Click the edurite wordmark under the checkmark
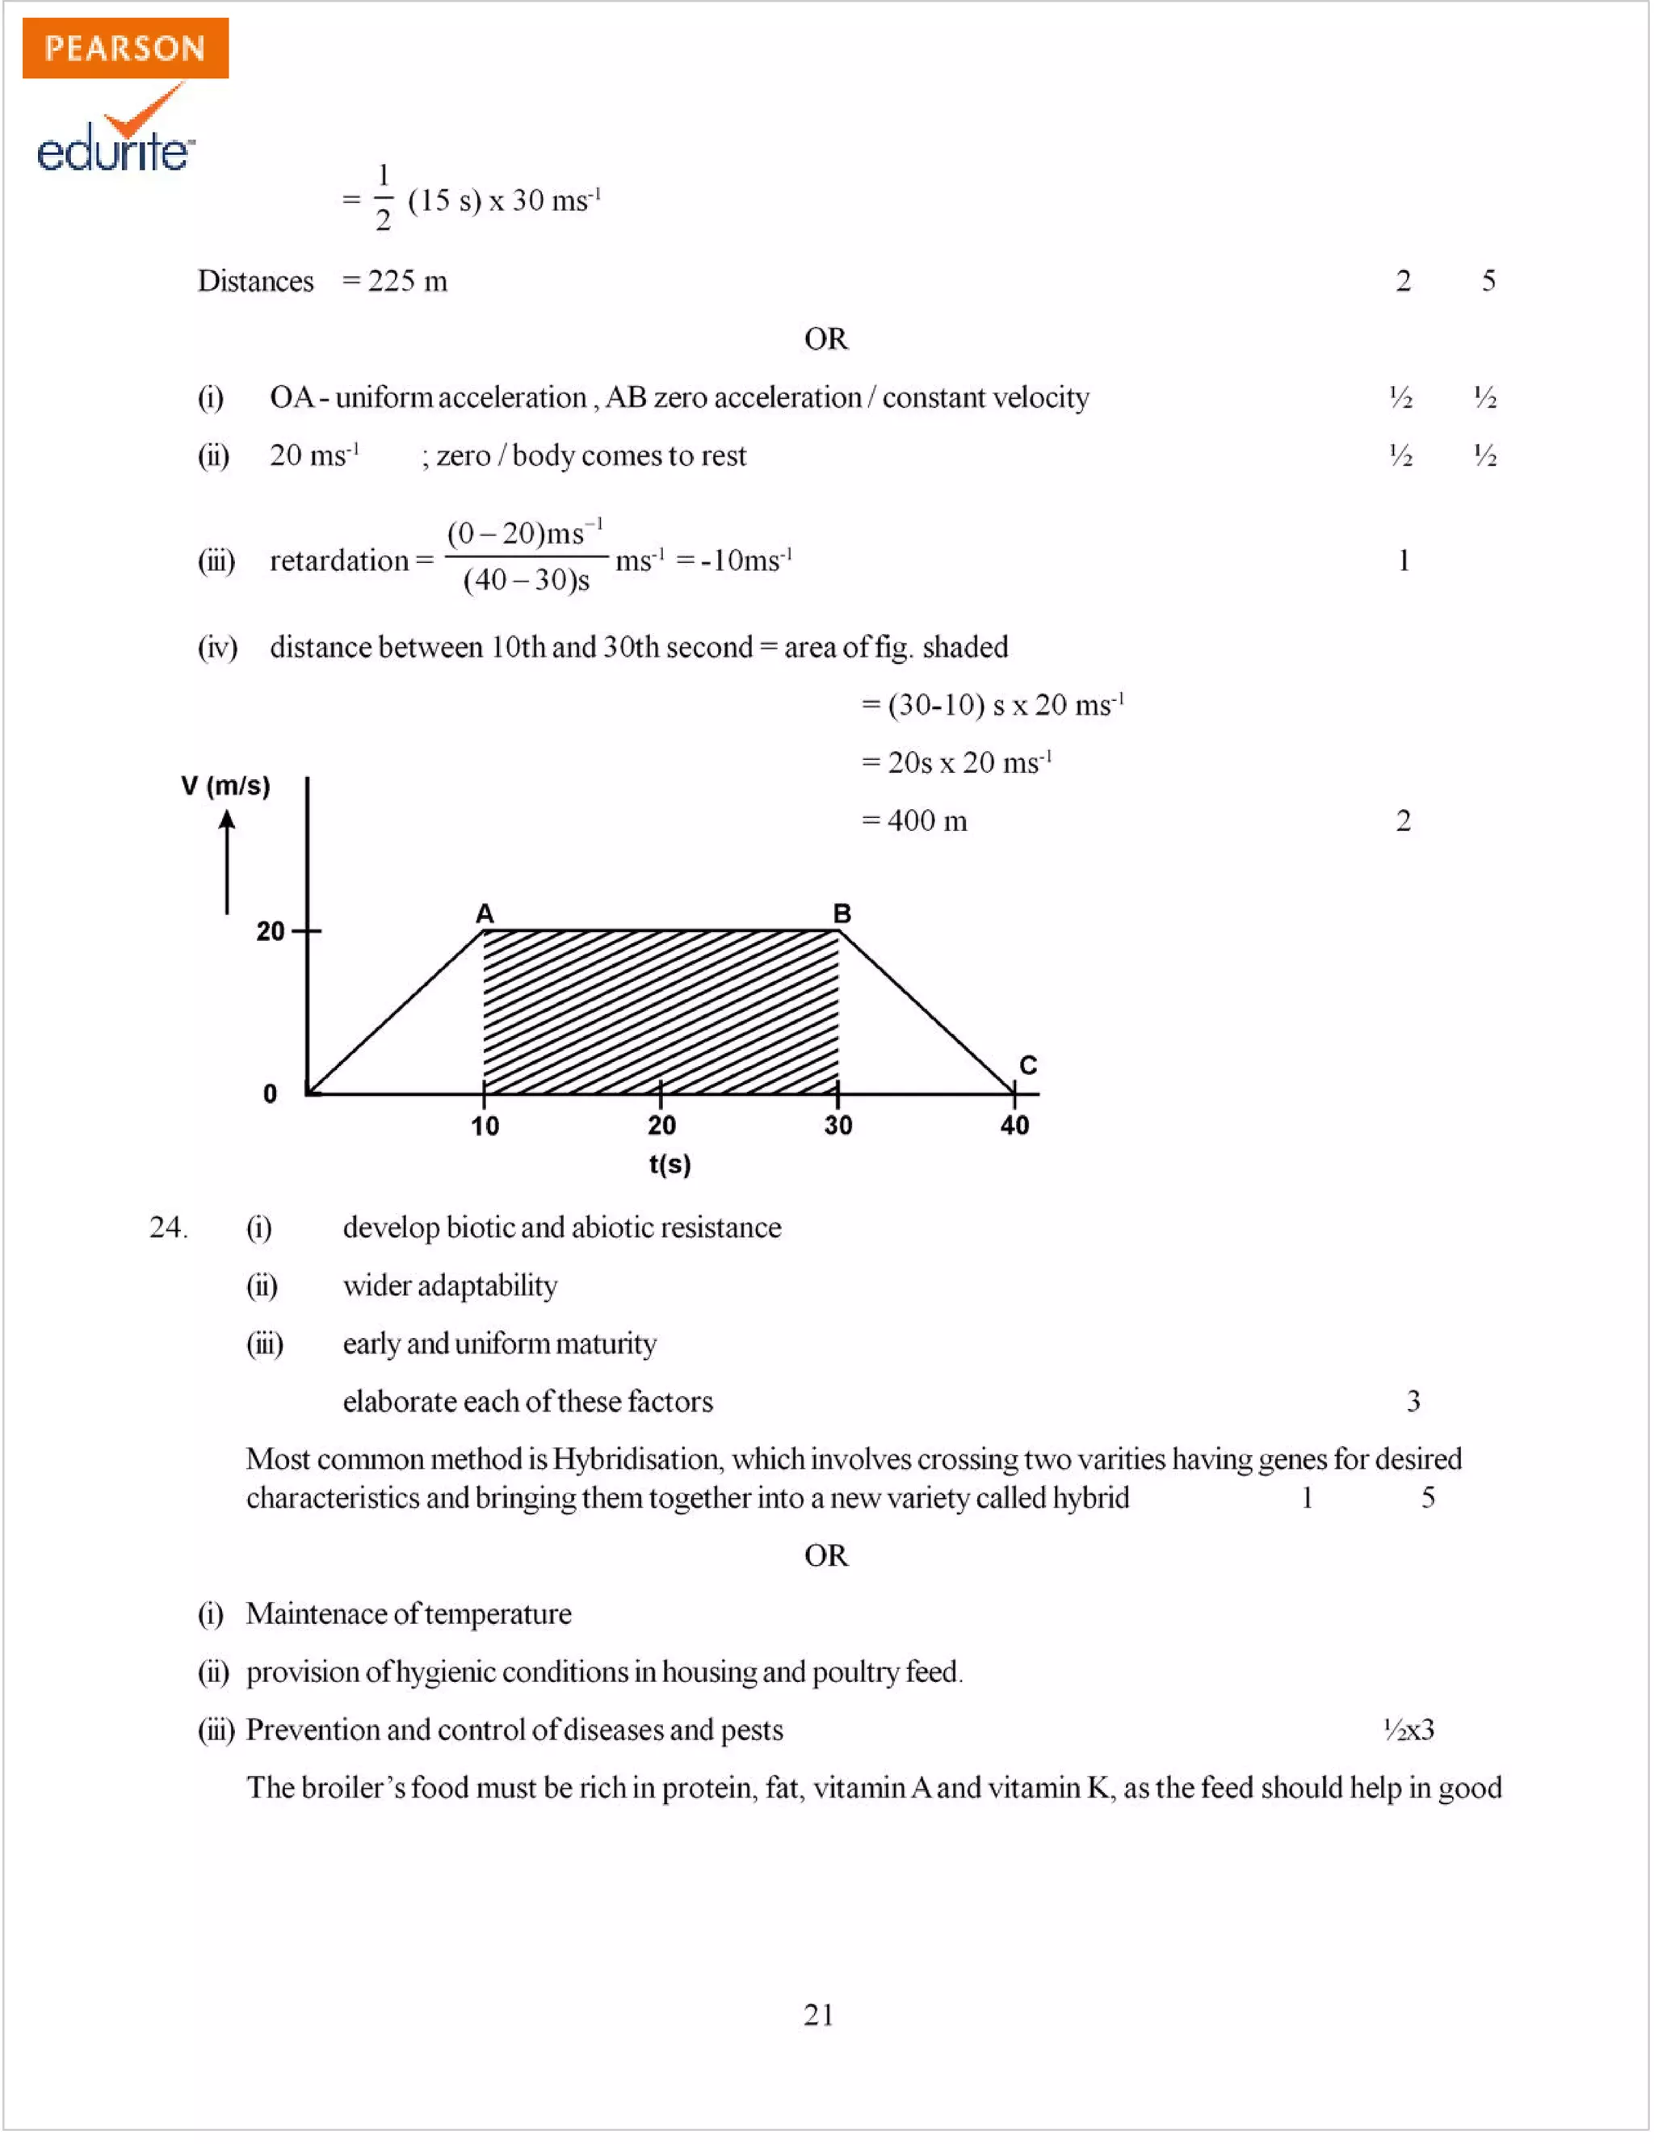[x=114, y=149]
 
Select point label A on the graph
[x=484, y=914]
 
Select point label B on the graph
[x=842, y=914]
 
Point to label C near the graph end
[x=1028, y=1065]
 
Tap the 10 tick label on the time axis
[x=484, y=1126]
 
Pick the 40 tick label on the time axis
[x=1014, y=1126]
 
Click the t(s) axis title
[x=670, y=1164]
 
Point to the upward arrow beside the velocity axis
[x=227, y=861]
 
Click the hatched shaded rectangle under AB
[x=661, y=1012]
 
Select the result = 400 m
[x=914, y=820]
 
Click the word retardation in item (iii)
[x=338, y=560]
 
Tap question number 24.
[x=168, y=1227]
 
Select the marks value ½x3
[x=1408, y=1730]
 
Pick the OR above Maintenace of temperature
[x=825, y=1556]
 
